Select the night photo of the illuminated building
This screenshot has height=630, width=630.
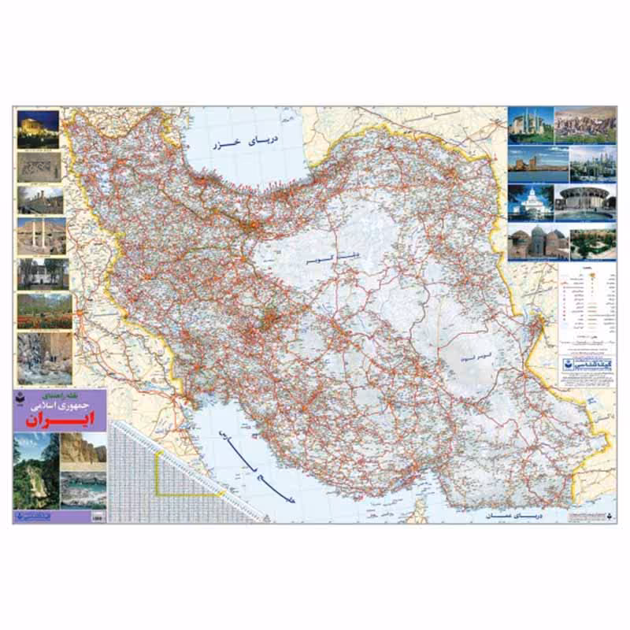click(x=38, y=129)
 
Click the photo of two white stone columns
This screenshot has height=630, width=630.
click(x=41, y=235)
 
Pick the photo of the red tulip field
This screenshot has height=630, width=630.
click(x=44, y=310)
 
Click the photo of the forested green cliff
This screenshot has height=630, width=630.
click(x=35, y=470)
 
